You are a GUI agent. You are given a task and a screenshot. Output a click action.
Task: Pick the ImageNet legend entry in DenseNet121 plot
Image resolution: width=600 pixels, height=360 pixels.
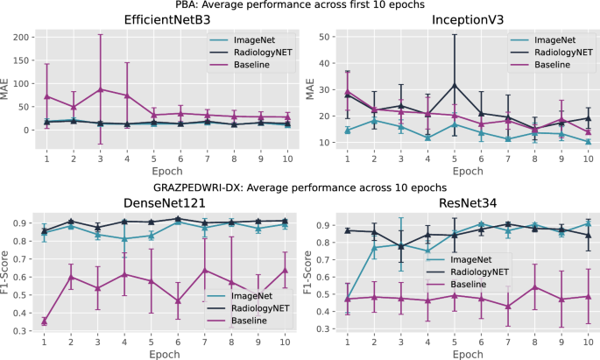click(x=252, y=294)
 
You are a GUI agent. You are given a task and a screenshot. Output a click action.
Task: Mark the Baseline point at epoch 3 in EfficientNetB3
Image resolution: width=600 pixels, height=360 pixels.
click(x=101, y=89)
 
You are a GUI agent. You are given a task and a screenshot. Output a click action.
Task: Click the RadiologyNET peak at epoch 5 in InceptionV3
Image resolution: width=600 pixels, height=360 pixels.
click(x=454, y=85)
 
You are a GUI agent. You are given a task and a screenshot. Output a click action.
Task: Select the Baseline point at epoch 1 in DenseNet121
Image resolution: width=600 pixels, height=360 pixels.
click(x=45, y=321)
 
